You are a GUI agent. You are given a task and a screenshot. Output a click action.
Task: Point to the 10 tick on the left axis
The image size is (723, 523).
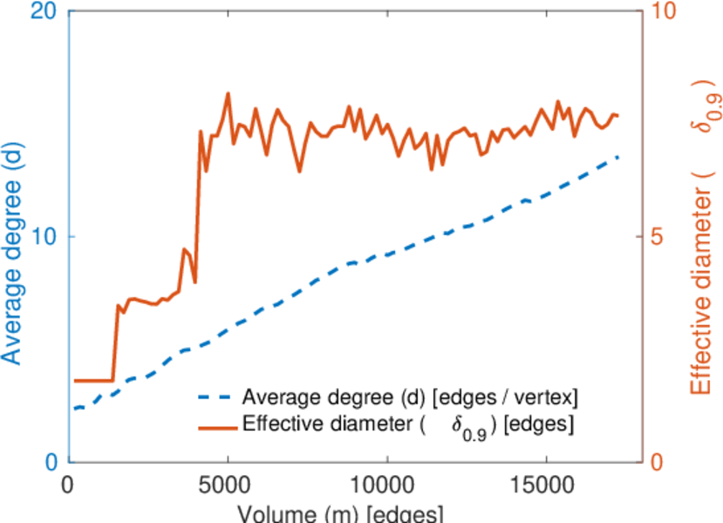[41, 237]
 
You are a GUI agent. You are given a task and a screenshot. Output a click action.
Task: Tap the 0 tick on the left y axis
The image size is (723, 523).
[50, 462]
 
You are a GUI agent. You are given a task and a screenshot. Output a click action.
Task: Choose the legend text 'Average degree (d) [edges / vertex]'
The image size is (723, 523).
[410, 399]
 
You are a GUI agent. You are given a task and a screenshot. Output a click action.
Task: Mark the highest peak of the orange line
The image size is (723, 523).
[228, 93]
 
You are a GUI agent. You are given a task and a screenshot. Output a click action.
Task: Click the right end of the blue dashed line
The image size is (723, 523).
[618, 157]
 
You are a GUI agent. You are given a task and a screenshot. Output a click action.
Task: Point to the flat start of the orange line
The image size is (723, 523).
[92, 380]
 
